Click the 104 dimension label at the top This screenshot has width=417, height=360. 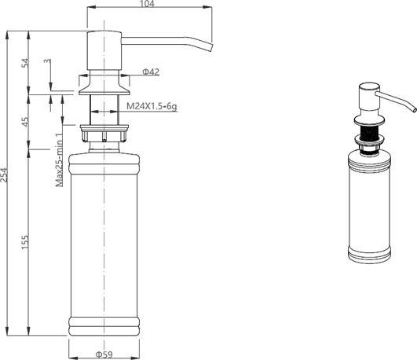(147, 4)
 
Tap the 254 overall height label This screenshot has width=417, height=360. (4, 174)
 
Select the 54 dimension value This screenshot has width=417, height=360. (25, 63)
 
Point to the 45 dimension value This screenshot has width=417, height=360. (25, 122)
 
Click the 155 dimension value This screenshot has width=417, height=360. (25, 242)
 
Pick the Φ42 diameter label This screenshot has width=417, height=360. (151, 72)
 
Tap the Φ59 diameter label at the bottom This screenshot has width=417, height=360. (104, 354)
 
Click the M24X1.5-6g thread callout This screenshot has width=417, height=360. (152, 107)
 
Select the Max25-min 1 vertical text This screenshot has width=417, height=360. (60, 160)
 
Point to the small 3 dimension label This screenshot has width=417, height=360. (47, 61)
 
